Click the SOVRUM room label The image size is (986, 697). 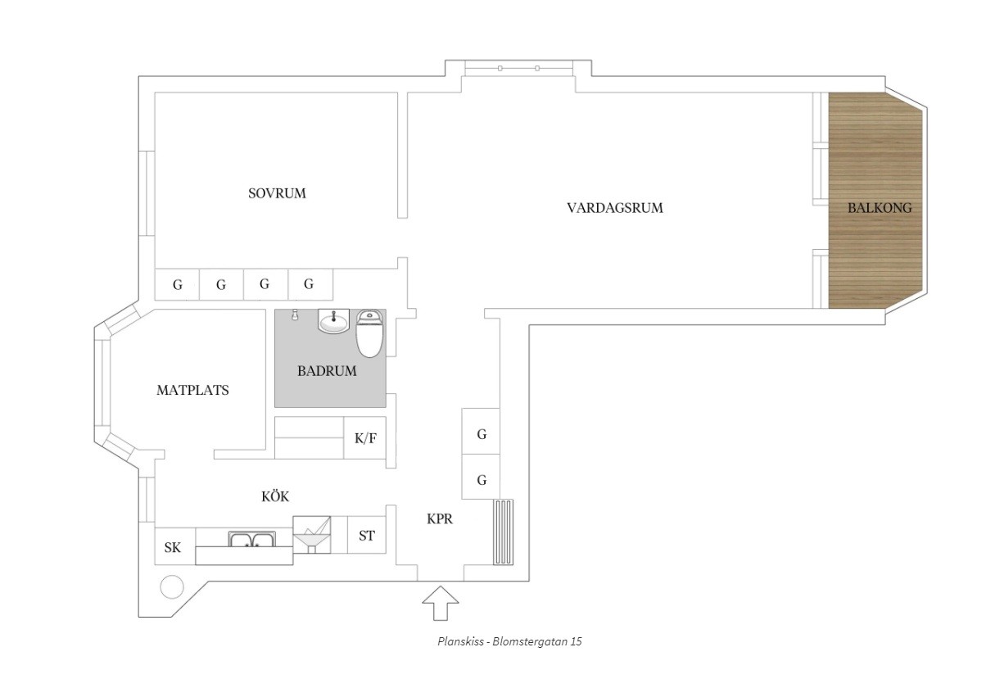277,194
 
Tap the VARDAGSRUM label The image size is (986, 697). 614,208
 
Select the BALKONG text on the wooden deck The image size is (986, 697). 879,208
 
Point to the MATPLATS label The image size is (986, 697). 192,391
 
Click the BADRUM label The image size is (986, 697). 327,371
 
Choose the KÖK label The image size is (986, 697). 275,496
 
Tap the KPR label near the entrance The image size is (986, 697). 440,518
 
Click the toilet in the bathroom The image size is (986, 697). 369,333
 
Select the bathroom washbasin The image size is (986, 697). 334,321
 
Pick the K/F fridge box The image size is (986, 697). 365,438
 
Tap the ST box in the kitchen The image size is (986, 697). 367,536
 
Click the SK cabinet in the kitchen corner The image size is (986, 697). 173,548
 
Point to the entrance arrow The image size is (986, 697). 440,606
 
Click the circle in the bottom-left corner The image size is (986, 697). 172,586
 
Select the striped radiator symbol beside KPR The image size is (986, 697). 503,532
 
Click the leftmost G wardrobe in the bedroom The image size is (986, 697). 177,285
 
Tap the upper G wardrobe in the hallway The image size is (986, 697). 482,435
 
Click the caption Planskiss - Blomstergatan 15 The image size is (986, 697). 509,641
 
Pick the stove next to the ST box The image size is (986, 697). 311,535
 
